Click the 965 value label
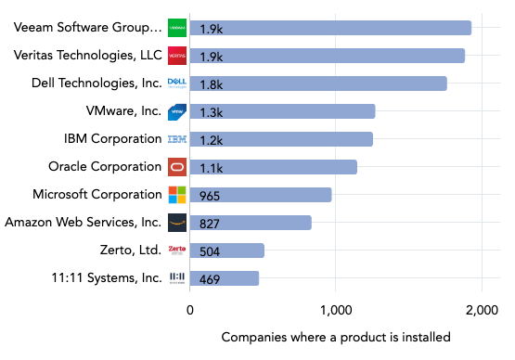(x=211, y=196)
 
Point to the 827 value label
(x=211, y=224)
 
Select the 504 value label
(x=211, y=251)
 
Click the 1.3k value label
(x=211, y=112)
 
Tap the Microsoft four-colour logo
(x=177, y=195)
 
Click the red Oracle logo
(x=177, y=167)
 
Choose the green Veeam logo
(x=177, y=28)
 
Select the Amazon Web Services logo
(x=177, y=223)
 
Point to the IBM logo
(x=177, y=139)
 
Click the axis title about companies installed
(x=336, y=336)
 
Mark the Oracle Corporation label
(x=105, y=167)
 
